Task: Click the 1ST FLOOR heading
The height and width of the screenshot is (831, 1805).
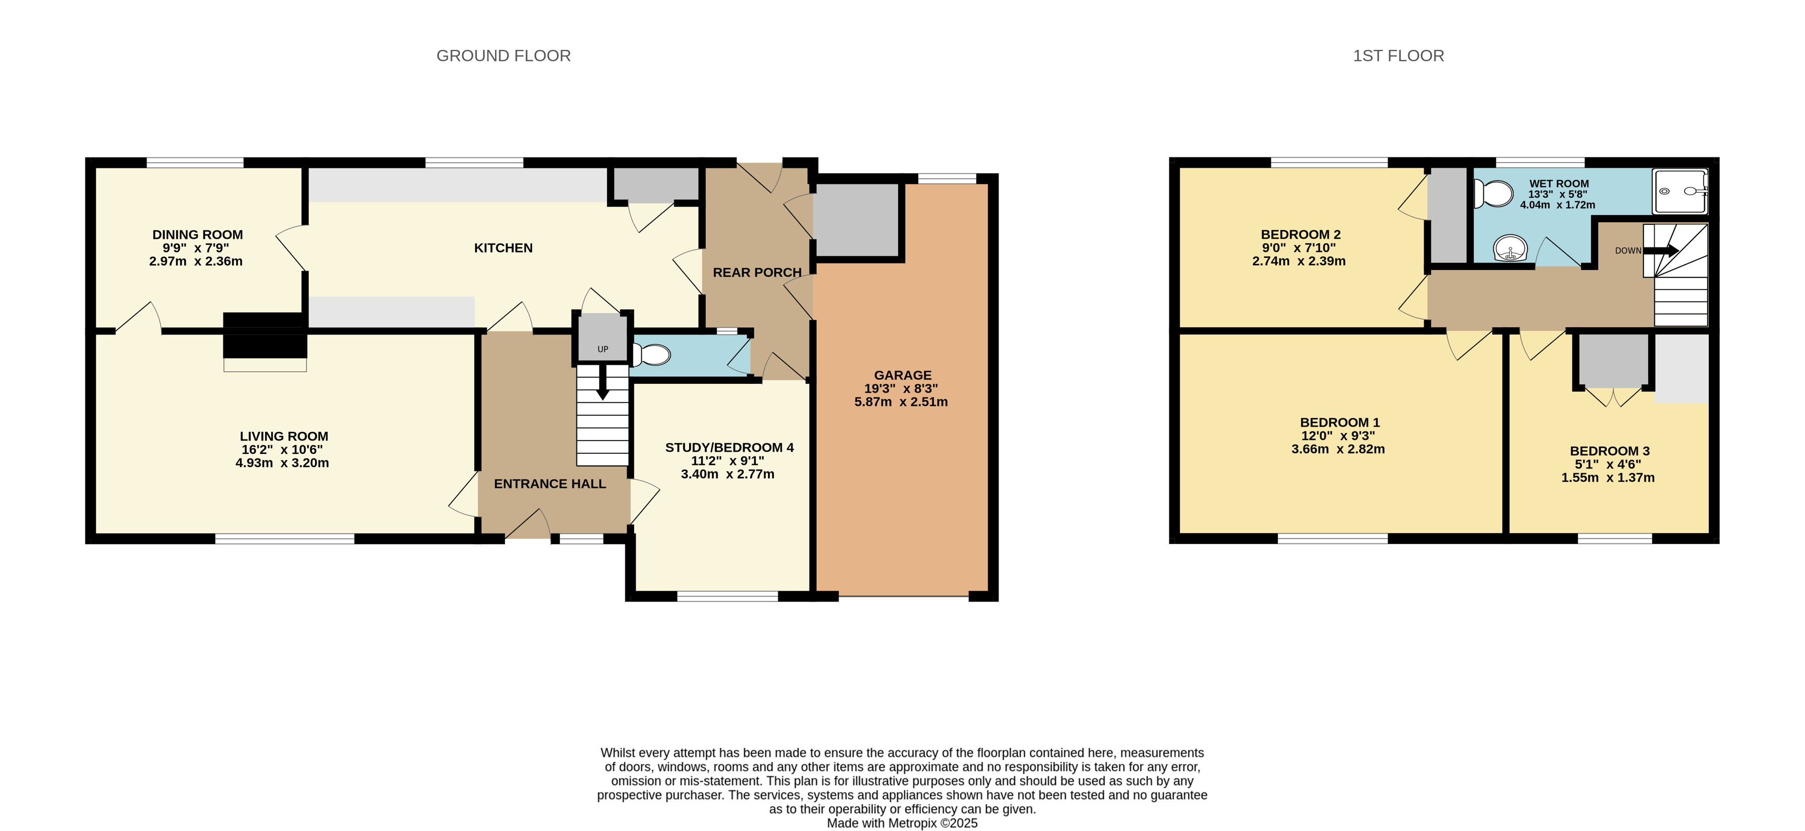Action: click(x=1398, y=56)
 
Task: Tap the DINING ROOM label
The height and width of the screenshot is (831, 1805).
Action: click(x=198, y=235)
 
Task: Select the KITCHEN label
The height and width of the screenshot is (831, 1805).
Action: click(x=503, y=248)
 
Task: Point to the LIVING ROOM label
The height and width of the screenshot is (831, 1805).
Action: click(x=284, y=436)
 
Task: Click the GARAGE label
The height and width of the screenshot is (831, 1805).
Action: click(x=903, y=376)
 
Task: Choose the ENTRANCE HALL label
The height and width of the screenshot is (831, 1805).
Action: click(x=550, y=484)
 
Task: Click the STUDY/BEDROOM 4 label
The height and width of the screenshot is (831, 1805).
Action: click(x=729, y=448)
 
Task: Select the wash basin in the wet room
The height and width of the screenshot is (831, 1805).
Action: click(x=1511, y=248)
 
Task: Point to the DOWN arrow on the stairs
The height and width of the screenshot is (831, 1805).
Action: click(x=1661, y=251)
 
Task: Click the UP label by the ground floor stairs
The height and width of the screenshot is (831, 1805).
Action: click(x=603, y=349)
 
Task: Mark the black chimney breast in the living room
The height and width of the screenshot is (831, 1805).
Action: click(x=265, y=335)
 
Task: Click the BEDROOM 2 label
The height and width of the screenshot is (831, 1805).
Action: click(x=1301, y=235)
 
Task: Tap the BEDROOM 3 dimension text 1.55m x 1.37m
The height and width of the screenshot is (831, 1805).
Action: click(x=1608, y=478)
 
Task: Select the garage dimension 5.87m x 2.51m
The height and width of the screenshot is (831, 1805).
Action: click(x=901, y=402)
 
